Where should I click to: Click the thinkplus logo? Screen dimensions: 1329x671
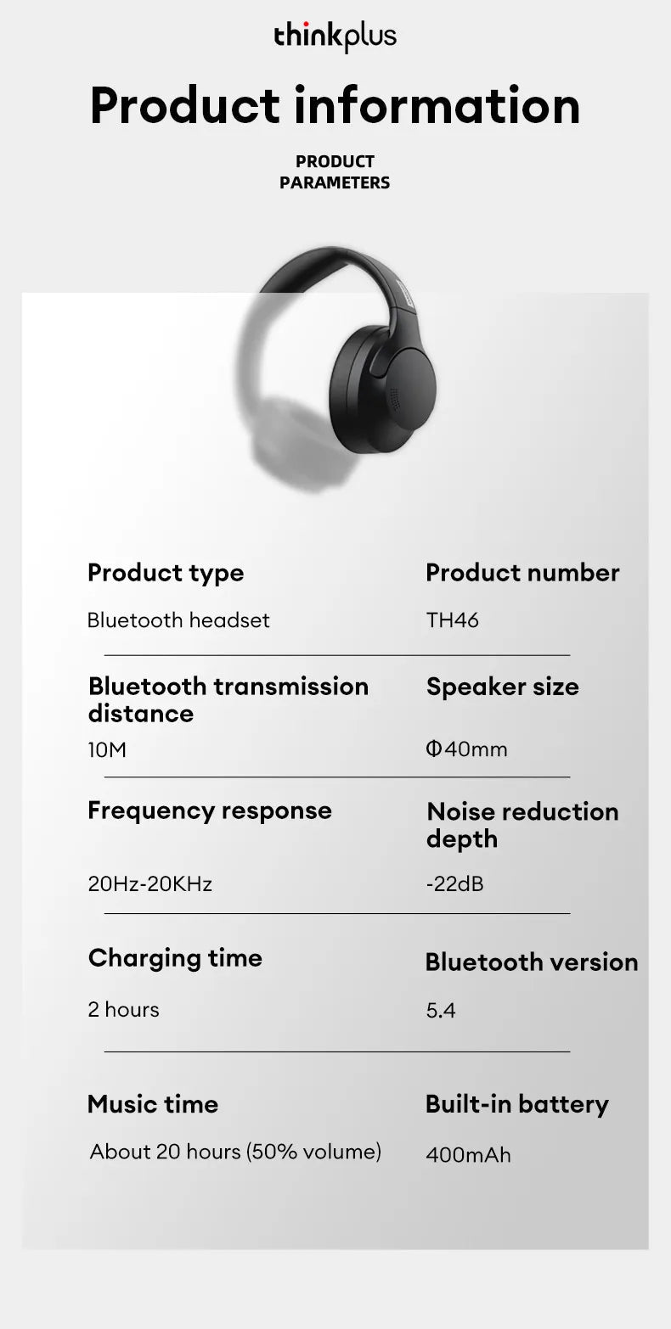click(x=335, y=36)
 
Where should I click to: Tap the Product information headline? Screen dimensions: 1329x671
click(x=335, y=105)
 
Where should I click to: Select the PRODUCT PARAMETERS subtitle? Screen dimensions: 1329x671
click(x=335, y=171)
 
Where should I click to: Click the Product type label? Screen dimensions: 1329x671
click(x=166, y=573)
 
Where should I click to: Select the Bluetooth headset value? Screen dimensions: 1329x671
click(x=178, y=620)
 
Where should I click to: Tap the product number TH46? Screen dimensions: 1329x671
click(x=453, y=620)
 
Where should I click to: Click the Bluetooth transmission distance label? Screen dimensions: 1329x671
click(x=228, y=699)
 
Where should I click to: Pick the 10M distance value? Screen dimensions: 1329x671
click(x=107, y=750)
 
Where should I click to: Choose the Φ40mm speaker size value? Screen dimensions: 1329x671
click(x=467, y=749)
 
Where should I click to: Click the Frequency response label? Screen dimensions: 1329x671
click(x=210, y=810)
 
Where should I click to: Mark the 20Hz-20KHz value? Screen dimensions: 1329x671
click(x=150, y=884)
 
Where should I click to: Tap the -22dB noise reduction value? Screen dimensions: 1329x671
click(x=454, y=884)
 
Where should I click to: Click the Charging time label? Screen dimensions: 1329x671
click(x=175, y=958)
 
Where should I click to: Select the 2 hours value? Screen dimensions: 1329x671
click(x=124, y=1010)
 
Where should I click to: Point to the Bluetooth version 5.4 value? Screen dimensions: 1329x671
click(x=441, y=1011)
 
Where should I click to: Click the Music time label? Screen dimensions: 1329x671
click(x=153, y=1104)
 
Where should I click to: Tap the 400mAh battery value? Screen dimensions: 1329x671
click(x=468, y=1155)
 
